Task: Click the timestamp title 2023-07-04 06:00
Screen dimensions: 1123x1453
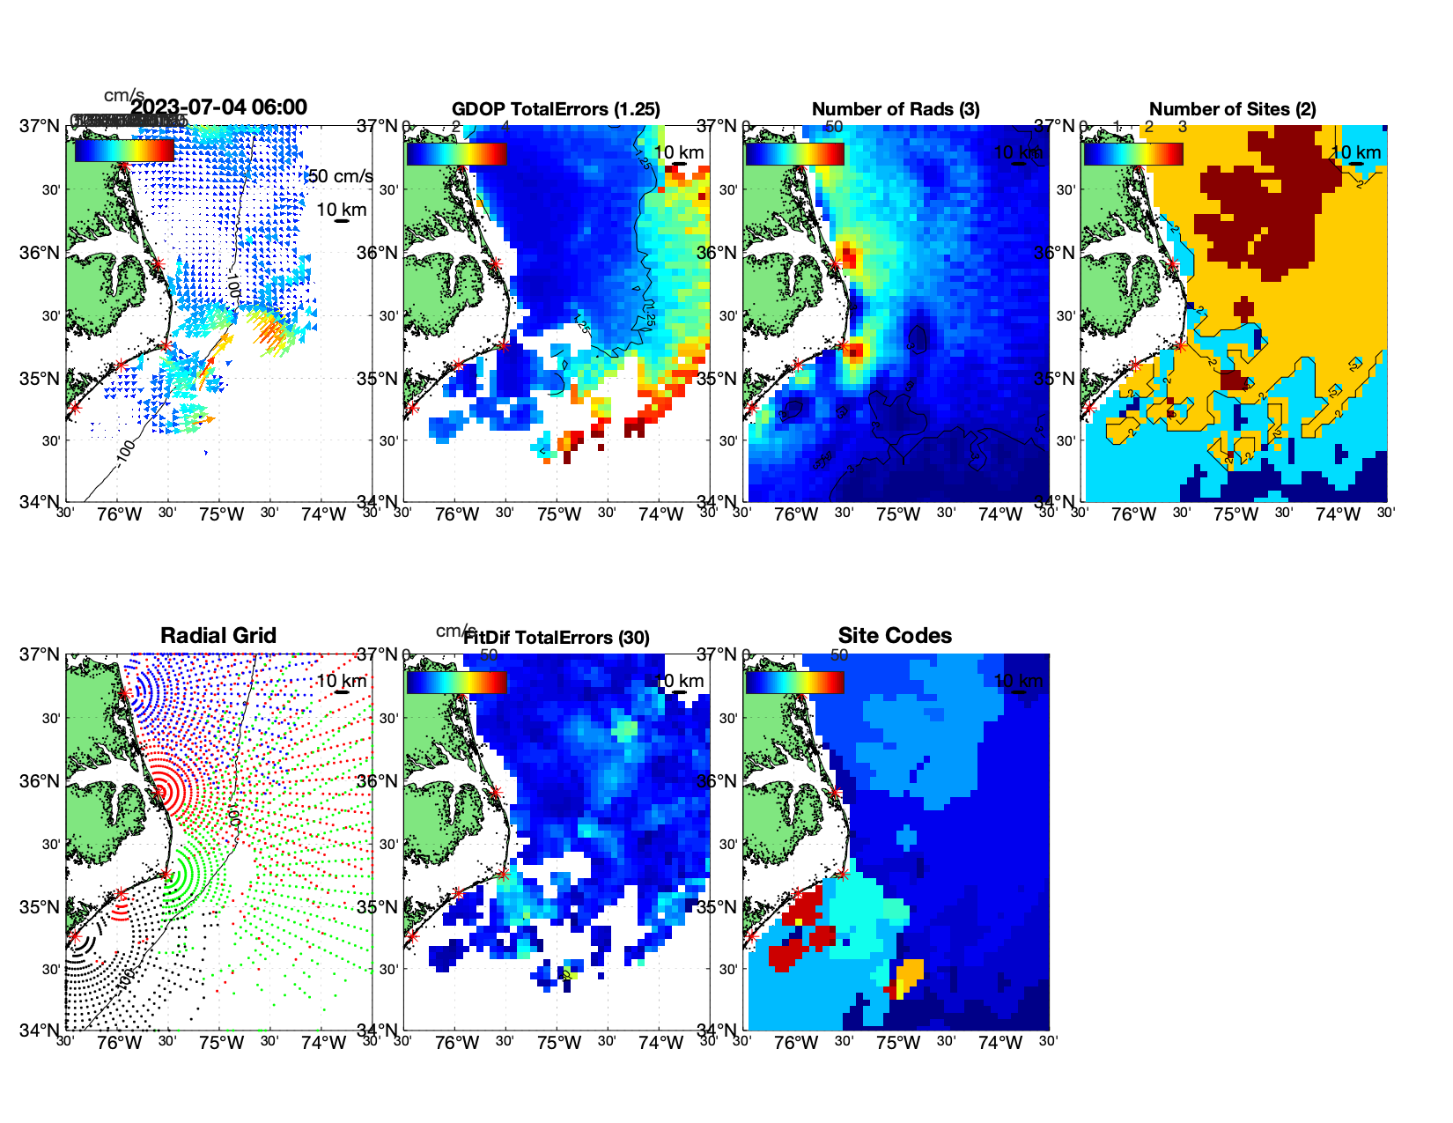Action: [218, 107]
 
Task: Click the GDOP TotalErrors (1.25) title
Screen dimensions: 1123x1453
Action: [556, 109]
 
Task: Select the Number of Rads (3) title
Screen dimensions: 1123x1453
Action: [895, 109]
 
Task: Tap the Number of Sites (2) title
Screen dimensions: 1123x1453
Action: [1232, 109]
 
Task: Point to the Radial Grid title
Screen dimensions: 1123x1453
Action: [218, 636]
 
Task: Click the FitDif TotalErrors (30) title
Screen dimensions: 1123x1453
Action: [557, 638]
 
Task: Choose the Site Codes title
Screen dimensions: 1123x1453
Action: [895, 636]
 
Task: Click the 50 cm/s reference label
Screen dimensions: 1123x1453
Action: [340, 176]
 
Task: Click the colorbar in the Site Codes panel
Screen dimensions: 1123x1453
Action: [794, 683]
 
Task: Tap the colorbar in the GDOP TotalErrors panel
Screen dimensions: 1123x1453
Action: [456, 154]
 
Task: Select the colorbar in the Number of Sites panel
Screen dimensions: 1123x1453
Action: [1133, 154]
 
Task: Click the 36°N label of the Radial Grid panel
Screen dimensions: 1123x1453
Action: [40, 781]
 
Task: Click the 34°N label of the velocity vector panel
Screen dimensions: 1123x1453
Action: [40, 502]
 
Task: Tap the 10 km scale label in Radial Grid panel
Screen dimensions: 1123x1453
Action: [341, 681]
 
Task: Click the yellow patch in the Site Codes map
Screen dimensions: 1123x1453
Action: [910, 972]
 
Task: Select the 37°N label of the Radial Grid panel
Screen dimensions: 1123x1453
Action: [40, 654]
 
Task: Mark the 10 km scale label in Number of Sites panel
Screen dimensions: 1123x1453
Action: [1354, 152]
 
